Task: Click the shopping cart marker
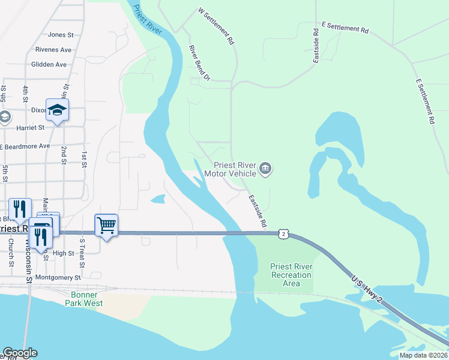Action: tap(106, 226)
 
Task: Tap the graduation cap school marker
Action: tap(57, 110)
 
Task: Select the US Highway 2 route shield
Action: tap(283, 235)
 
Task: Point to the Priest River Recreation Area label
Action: tap(291, 275)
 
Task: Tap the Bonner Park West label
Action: tap(83, 299)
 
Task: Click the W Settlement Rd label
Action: tap(215, 26)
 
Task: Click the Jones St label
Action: tap(60, 35)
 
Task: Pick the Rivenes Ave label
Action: tap(53, 50)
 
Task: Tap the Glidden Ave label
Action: tap(49, 64)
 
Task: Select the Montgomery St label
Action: tap(58, 278)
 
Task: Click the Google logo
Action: tap(20, 353)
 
